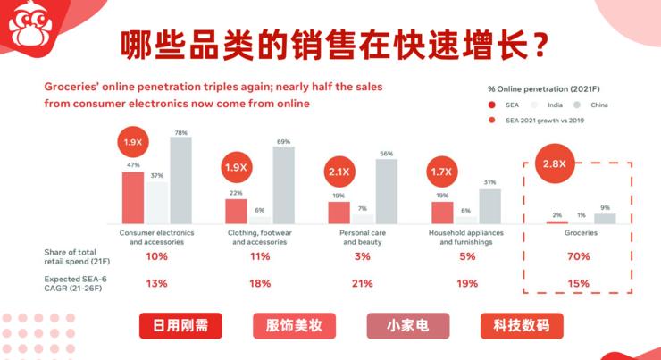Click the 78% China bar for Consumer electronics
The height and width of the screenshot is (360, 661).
point(180,180)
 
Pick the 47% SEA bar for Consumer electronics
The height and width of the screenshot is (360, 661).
point(133,197)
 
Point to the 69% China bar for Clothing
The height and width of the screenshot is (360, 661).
point(284,184)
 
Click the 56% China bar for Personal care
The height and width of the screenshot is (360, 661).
point(387,190)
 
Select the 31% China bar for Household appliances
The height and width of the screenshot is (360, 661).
point(489,205)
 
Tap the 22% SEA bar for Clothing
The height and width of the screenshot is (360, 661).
point(236,211)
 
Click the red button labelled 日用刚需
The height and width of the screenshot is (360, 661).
point(180,326)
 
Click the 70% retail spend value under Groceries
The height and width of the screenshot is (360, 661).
point(578,256)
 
